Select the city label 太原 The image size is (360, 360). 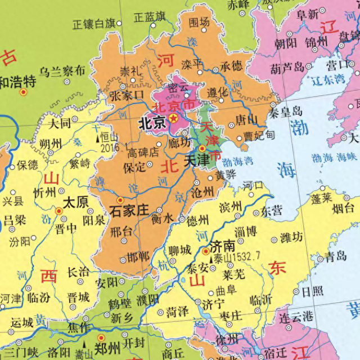click(75, 201)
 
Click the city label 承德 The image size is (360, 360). click(231, 65)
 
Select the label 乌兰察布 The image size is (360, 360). click(62, 71)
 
